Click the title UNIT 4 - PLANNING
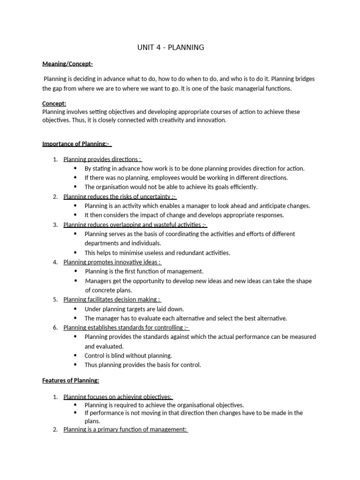[171, 47]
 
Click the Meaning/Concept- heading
[67, 64]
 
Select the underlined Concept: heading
[54, 103]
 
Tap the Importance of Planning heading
[76, 143]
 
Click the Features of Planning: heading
[71, 381]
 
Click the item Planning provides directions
[102, 159]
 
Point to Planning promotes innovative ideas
[112, 262]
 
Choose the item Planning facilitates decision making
[112, 300]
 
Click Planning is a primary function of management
[125, 429]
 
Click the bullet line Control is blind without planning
[128, 356]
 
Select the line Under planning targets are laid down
[134, 309]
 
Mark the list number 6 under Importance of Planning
[55, 328]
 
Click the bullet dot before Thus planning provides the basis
[75, 365]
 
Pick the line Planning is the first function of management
[144, 271]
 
